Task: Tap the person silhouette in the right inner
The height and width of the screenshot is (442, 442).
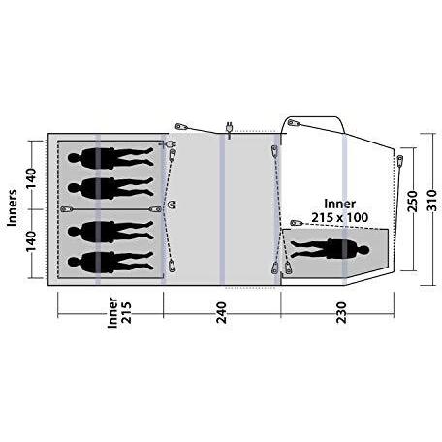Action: click(330, 248)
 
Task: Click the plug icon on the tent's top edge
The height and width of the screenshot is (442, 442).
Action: click(228, 127)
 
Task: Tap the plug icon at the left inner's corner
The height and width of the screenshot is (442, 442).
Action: click(170, 145)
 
